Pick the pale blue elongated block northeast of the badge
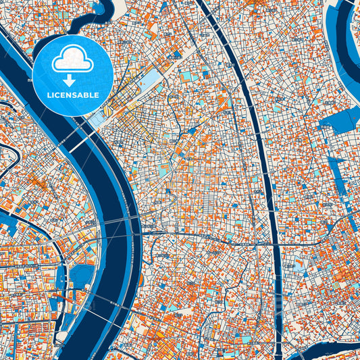click(x=149, y=84)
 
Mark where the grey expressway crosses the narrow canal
click(x=275, y=244)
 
